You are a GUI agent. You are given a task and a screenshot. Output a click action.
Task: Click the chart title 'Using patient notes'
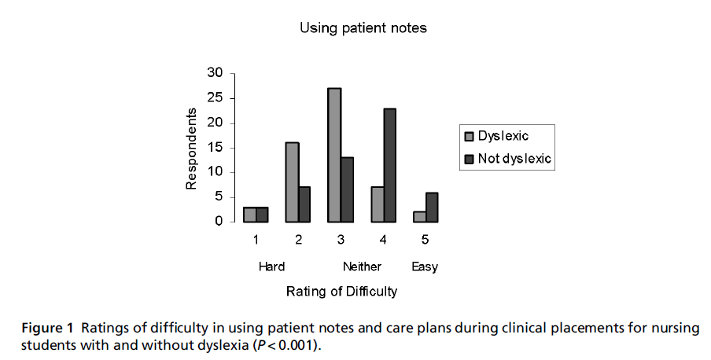pyautogui.click(x=363, y=28)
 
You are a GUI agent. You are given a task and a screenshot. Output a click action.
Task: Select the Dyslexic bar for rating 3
pyautogui.click(x=334, y=155)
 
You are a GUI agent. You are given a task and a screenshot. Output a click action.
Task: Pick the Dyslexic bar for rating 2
pyautogui.click(x=292, y=182)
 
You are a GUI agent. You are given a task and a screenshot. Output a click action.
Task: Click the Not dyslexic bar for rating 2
pyautogui.click(x=305, y=204)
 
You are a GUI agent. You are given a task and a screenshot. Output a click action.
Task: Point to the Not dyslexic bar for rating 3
pyautogui.click(x=347, y=189)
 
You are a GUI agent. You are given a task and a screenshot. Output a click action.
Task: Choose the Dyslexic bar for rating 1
pyautogui.click(x=249, y=215)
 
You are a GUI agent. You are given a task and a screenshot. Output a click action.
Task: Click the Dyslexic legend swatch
pyautogui.click(x=470, y=136)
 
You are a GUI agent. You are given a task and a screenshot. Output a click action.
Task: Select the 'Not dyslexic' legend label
pyautogui.click(x=514, y=159)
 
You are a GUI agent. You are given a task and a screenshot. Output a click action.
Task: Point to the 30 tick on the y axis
pyautogui.click(x=215, y=73)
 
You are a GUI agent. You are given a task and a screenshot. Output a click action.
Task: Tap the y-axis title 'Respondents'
pyautogui.click(x=191, y=148)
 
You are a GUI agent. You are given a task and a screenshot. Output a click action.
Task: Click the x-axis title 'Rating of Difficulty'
pyautogui.click(x=341, y=292)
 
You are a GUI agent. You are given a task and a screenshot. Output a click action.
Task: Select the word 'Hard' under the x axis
pyautogui.click(x=271, y=267)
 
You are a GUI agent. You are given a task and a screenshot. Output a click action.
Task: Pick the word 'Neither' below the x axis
pyautogui.click(x=362, y=267)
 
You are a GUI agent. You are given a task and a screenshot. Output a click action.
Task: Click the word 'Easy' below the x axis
pyautogui.click(x=425, y=267)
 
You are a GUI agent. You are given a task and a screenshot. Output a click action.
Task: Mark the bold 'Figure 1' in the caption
pyautogui.click(x=48, y=328)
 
